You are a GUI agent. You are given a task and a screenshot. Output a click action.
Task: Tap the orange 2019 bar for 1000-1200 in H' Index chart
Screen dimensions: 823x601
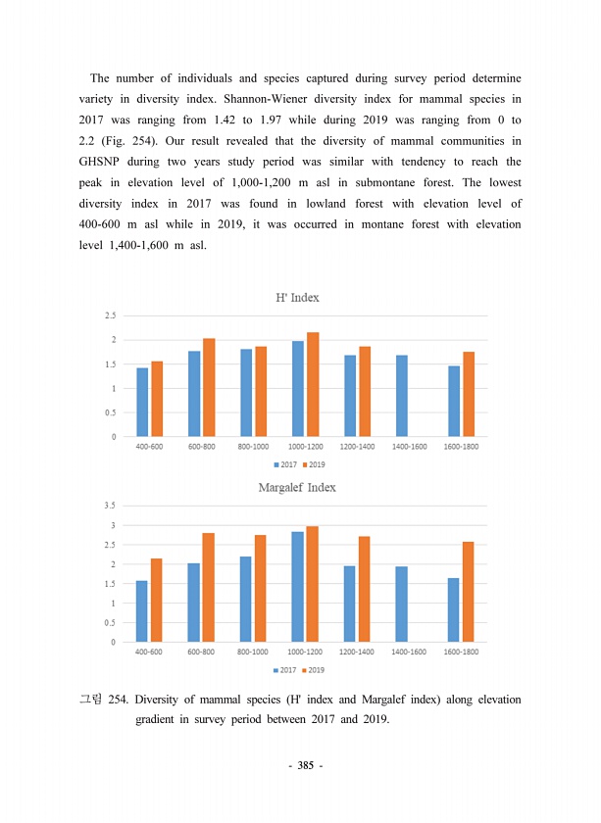(x=313, y=384)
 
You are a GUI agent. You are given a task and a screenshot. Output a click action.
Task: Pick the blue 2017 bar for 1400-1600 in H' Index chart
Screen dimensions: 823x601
(x=401, y=396)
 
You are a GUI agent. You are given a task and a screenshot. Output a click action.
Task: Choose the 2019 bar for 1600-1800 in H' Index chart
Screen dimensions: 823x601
(x=469, y=394)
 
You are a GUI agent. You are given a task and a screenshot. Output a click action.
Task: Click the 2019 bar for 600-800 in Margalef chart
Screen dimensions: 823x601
(x=209, y=588)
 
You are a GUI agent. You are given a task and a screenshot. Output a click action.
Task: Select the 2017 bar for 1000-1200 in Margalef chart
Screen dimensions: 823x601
(x=297, y=587)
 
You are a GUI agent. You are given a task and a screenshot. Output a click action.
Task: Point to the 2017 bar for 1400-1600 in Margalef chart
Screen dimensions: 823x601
(x=401, y=605)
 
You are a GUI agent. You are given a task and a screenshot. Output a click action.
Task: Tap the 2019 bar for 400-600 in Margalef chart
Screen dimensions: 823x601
(x=157, y=601)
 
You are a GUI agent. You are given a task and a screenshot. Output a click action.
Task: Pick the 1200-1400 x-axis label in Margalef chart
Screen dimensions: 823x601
(x=357, y=652)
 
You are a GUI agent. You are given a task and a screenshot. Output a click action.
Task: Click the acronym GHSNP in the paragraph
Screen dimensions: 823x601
(x=102, y=161)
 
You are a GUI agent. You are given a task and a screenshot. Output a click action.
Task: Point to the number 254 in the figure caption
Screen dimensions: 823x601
(x=116, y=701)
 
